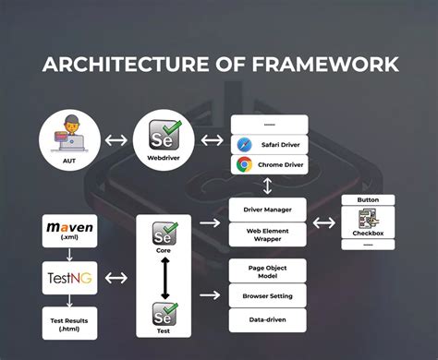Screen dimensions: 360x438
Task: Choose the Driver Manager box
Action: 268,210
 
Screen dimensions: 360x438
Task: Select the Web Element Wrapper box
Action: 268,234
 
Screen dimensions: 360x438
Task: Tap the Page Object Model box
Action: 268,273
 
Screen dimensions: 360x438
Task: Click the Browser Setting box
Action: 268,297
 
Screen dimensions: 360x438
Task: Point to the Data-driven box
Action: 268,321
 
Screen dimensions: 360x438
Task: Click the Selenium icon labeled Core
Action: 164,234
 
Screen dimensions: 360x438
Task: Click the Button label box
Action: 369,199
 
